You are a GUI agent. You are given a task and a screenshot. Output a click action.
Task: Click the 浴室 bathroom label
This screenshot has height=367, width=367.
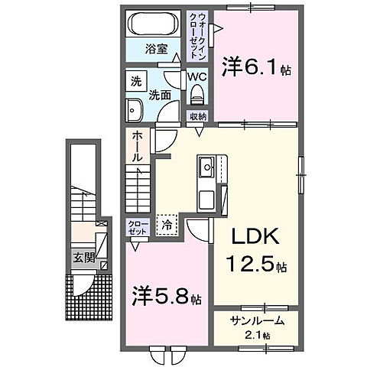[155, 51]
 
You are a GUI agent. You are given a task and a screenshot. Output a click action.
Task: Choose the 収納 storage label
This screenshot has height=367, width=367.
[197, 116]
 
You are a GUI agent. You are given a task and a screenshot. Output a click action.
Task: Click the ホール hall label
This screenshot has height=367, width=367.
[137, 145]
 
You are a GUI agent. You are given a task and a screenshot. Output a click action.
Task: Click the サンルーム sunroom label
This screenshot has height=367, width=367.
[252, 323]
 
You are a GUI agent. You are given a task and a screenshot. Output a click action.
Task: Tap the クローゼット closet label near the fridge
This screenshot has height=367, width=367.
[138, 226]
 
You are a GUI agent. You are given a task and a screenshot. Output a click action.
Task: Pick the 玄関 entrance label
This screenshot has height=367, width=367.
[84, 258]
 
